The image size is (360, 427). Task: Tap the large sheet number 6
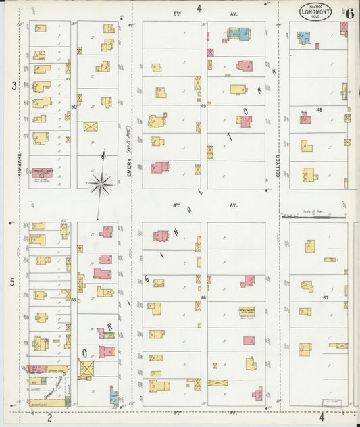click(x=349, y=10)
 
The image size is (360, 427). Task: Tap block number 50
click(x=74, y=106)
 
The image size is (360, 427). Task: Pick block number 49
click(x=203, y=106)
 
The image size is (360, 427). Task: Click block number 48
click(x=319, y=109)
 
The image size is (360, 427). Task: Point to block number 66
click(x=203, y=297)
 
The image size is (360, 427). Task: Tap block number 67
click(x=326, y=297)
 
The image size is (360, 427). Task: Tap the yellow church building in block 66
click(x=246, y=312)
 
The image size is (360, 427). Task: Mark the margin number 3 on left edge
click(x=13, y=86)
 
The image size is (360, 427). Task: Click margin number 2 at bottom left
click(x=49, y=417)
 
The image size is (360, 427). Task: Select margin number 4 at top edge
click(x=199, y=9)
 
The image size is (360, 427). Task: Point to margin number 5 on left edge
click(x=13, y=282)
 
